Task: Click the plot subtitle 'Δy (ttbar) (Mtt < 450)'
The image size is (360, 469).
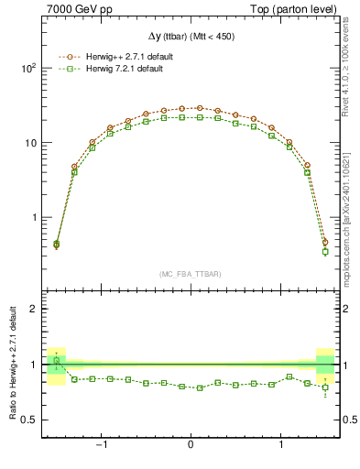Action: tap(190, 36)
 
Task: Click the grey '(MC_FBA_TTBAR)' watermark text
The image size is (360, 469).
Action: tap(190, 275)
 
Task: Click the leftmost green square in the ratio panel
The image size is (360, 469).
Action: tap(56, 360)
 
